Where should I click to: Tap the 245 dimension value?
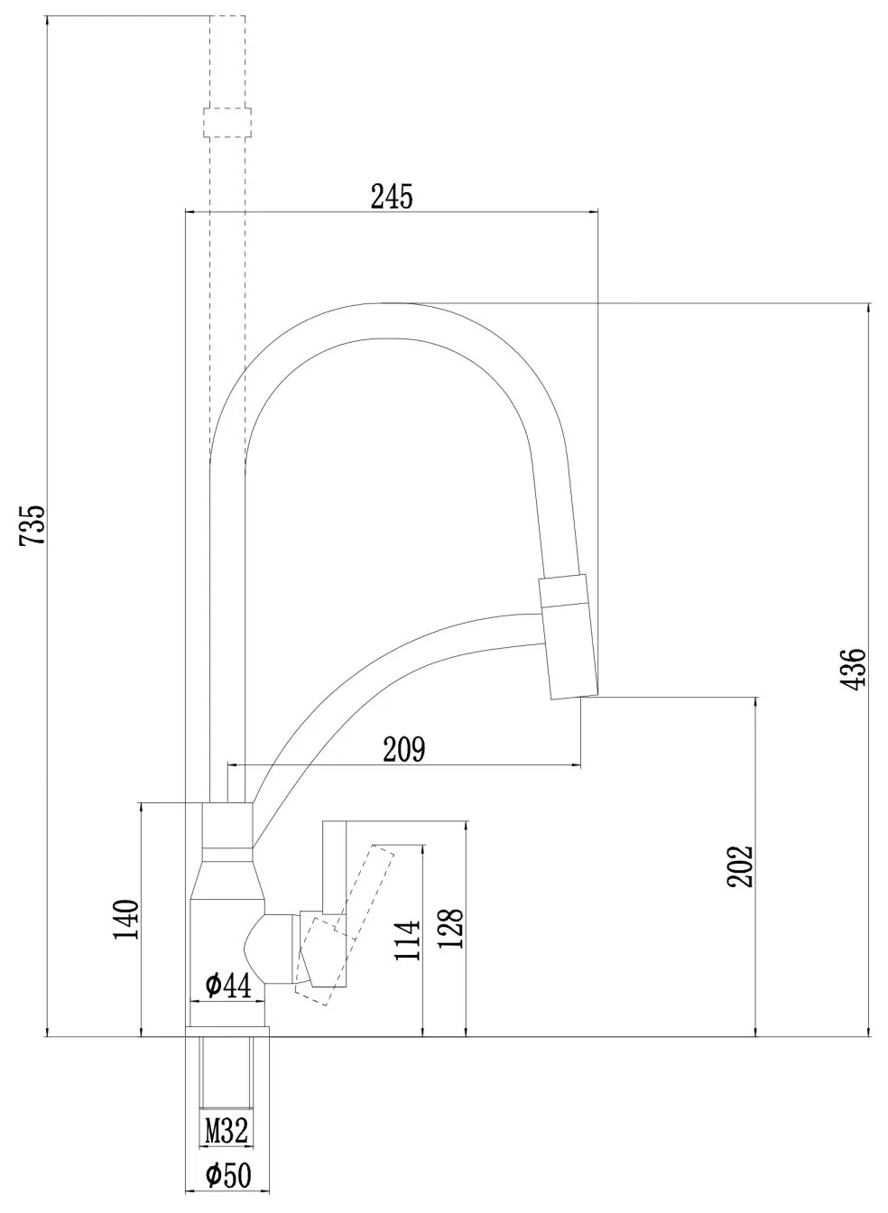[x=392, y=196]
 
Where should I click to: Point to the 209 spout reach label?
[x=404, y=749]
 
